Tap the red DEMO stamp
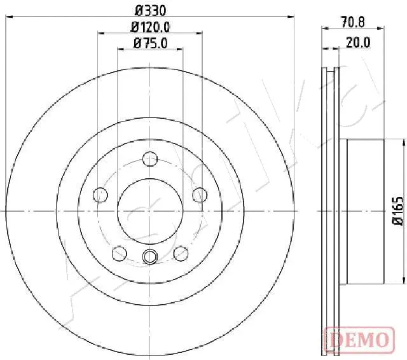tap(359, 338)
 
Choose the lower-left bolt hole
tap(119, 254)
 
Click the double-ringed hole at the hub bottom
tap(149, 256)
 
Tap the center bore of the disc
tap(149, 211)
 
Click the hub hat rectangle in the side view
tap(366, 211)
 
